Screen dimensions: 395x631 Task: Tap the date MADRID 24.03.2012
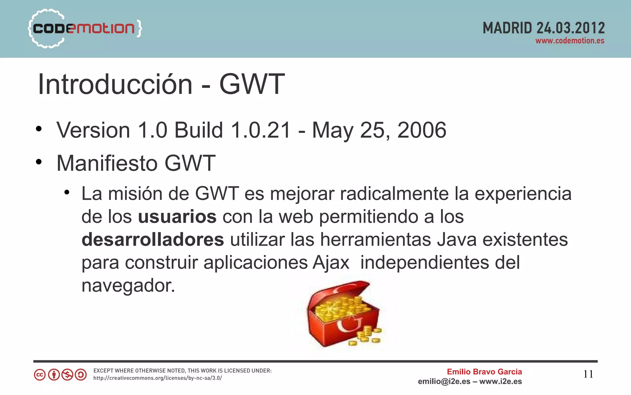[543, 28]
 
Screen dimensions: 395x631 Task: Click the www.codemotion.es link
[570, 41]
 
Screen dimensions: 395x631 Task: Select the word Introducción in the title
[115, 84]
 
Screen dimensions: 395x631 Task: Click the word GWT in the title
[252, 84]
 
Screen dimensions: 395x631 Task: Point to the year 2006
[421, 130]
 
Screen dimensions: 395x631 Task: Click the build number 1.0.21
[261, 130]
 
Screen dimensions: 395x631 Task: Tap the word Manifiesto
[107, 163]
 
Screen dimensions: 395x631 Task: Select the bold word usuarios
[177, 217]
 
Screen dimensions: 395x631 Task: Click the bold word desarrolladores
[153, 240]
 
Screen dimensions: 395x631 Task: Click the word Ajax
[331, 263]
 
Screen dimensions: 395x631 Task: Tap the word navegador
[128, 286]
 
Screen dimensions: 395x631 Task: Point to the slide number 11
[588, 374]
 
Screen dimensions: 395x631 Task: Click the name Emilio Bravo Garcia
[484, 372]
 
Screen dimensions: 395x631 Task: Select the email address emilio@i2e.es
[444, 382]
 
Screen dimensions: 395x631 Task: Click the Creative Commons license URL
[157, 378]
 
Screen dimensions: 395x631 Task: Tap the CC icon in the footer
[39, 375]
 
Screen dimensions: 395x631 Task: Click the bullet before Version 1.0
[39, 129]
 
